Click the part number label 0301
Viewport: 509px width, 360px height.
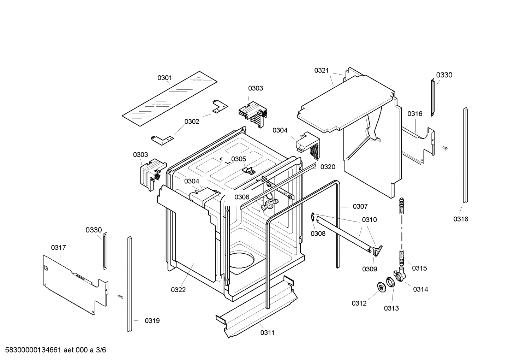point(164,78)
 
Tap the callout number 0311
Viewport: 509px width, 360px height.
point(268,332)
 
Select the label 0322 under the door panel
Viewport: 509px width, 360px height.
point(178,290)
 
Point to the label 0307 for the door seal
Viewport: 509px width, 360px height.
point(360,206)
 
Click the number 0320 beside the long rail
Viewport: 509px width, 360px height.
point(328,167)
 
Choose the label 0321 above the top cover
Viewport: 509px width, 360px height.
point(322,71)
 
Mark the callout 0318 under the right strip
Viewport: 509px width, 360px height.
point(461,219)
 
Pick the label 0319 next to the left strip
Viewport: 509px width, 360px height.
point(152,321)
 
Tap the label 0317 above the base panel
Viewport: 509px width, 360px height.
point(58,248)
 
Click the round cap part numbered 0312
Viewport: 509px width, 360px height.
point(382,288)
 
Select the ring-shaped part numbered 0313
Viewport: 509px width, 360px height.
point(390,282)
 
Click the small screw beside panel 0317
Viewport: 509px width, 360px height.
point(121,297)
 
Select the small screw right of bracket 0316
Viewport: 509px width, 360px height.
point(444,148)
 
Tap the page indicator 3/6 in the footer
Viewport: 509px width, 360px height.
point(101,350)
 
